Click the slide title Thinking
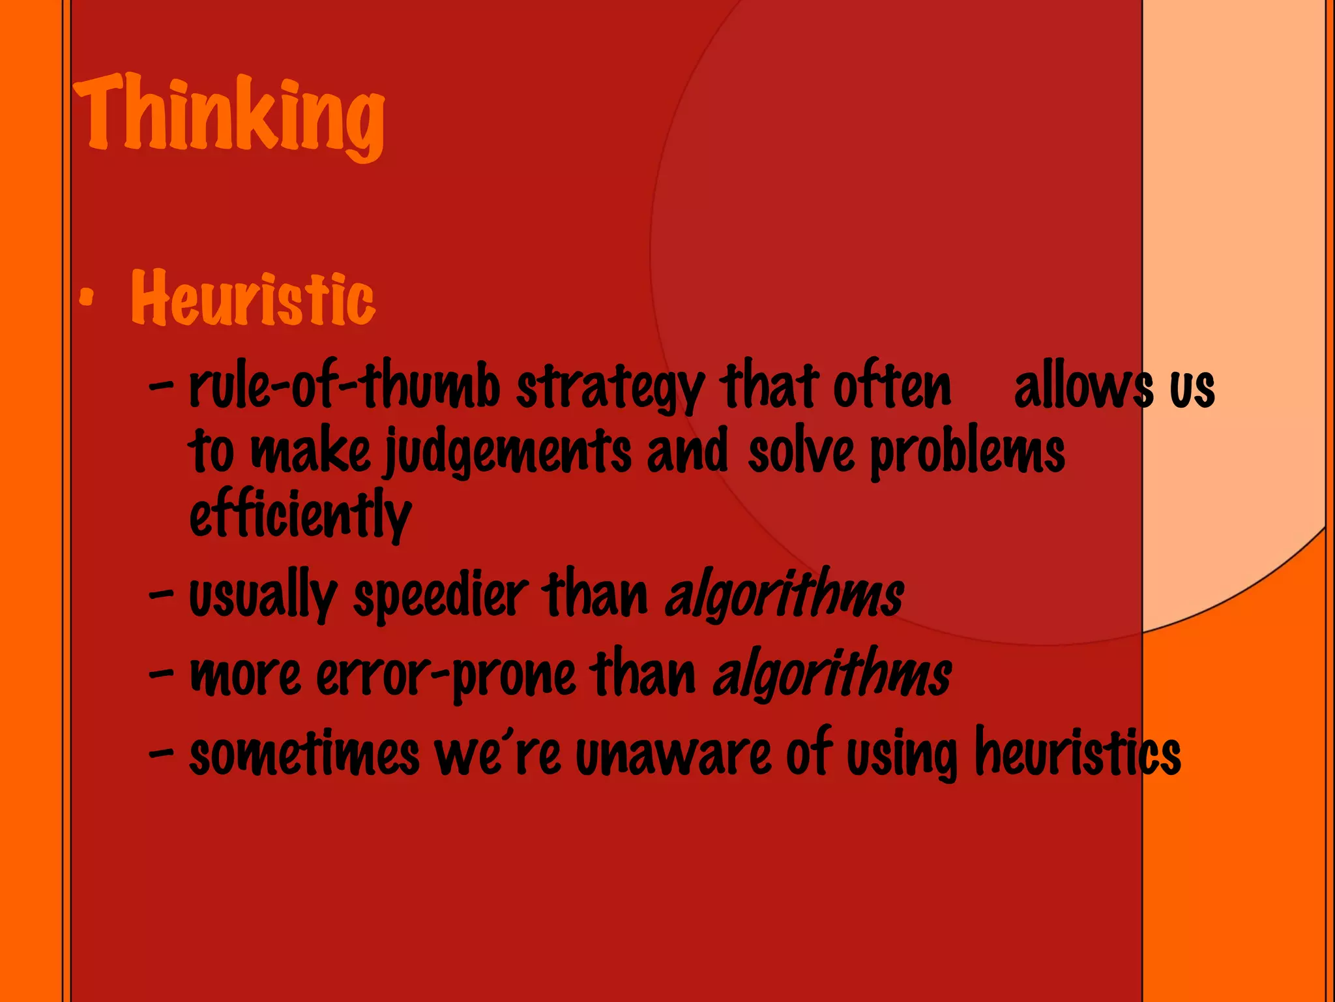click(x=229, y=114)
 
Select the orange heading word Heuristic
click(x=253, y=298)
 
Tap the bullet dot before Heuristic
click(x=86, y=299)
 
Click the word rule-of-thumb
click(x=344, y=386)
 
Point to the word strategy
click(x=610, y=387)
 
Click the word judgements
click(x=508, y=451)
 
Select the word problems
click(x=967, y=451)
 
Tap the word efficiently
click(x=301, y=515)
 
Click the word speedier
click(x=440, y=596)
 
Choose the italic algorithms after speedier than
click(x=784, y=595)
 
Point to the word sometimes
click(x=304, y=754)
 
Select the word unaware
click(x=673, y=755)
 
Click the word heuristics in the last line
click(x=1078, y=753)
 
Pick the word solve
click(x=801, y=451)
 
